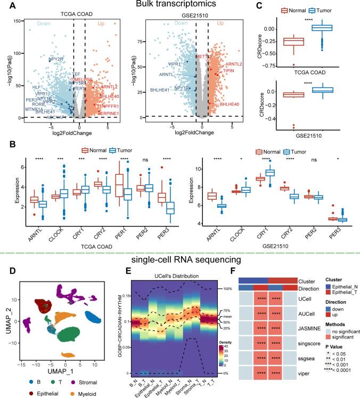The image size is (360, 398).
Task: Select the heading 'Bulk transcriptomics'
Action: click(179, 5)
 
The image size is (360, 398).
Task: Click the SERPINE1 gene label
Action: click(106, 113)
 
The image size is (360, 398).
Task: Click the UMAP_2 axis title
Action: click(5, 318)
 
